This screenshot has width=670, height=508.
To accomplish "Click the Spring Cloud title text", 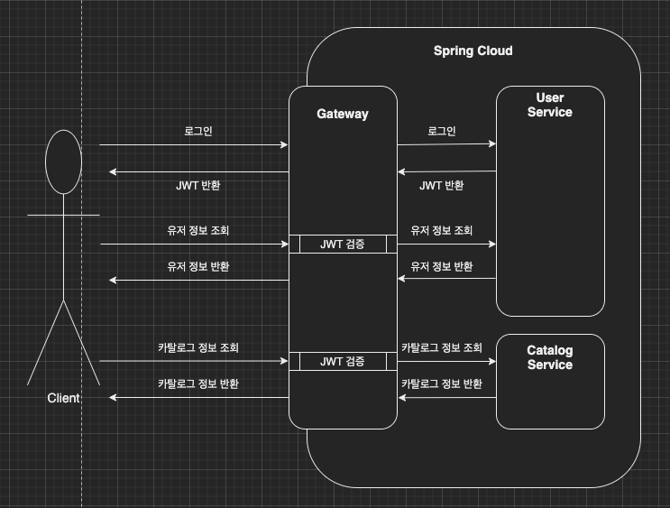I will click(473, 51).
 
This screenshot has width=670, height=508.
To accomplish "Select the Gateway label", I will click(343, 114).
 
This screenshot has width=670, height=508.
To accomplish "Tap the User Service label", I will click(549, 105).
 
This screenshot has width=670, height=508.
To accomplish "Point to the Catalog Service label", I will click(549, 357).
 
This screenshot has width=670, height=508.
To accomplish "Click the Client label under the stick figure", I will click(63, 398).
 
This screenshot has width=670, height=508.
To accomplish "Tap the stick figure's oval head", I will click(63, 162).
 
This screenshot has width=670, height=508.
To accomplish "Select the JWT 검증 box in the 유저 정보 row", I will click(343, 245).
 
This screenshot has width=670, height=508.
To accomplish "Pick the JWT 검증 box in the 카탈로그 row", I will click(343, 362).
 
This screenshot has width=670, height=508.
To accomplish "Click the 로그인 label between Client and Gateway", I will click(198, 131).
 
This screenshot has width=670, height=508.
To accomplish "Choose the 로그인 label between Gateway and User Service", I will click(442, 131).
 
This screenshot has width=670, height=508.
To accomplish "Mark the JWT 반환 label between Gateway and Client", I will click(198, 185).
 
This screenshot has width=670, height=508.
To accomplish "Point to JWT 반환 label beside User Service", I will click(442, 185).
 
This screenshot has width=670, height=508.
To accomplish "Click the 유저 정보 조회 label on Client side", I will click(198, 231).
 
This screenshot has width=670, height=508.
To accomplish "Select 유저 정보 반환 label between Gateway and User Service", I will click(442, 267).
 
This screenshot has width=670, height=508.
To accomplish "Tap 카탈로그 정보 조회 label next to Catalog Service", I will click(442, 347).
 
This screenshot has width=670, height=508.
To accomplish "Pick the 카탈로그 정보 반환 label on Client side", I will click(198, 383).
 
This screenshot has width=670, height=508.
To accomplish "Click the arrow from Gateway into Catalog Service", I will click(446, 361).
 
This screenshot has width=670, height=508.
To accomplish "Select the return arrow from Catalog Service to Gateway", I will click(446, 397).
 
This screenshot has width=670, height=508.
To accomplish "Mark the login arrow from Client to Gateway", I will click(194, 144).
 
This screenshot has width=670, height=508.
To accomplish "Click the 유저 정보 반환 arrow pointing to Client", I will click(198, 280).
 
